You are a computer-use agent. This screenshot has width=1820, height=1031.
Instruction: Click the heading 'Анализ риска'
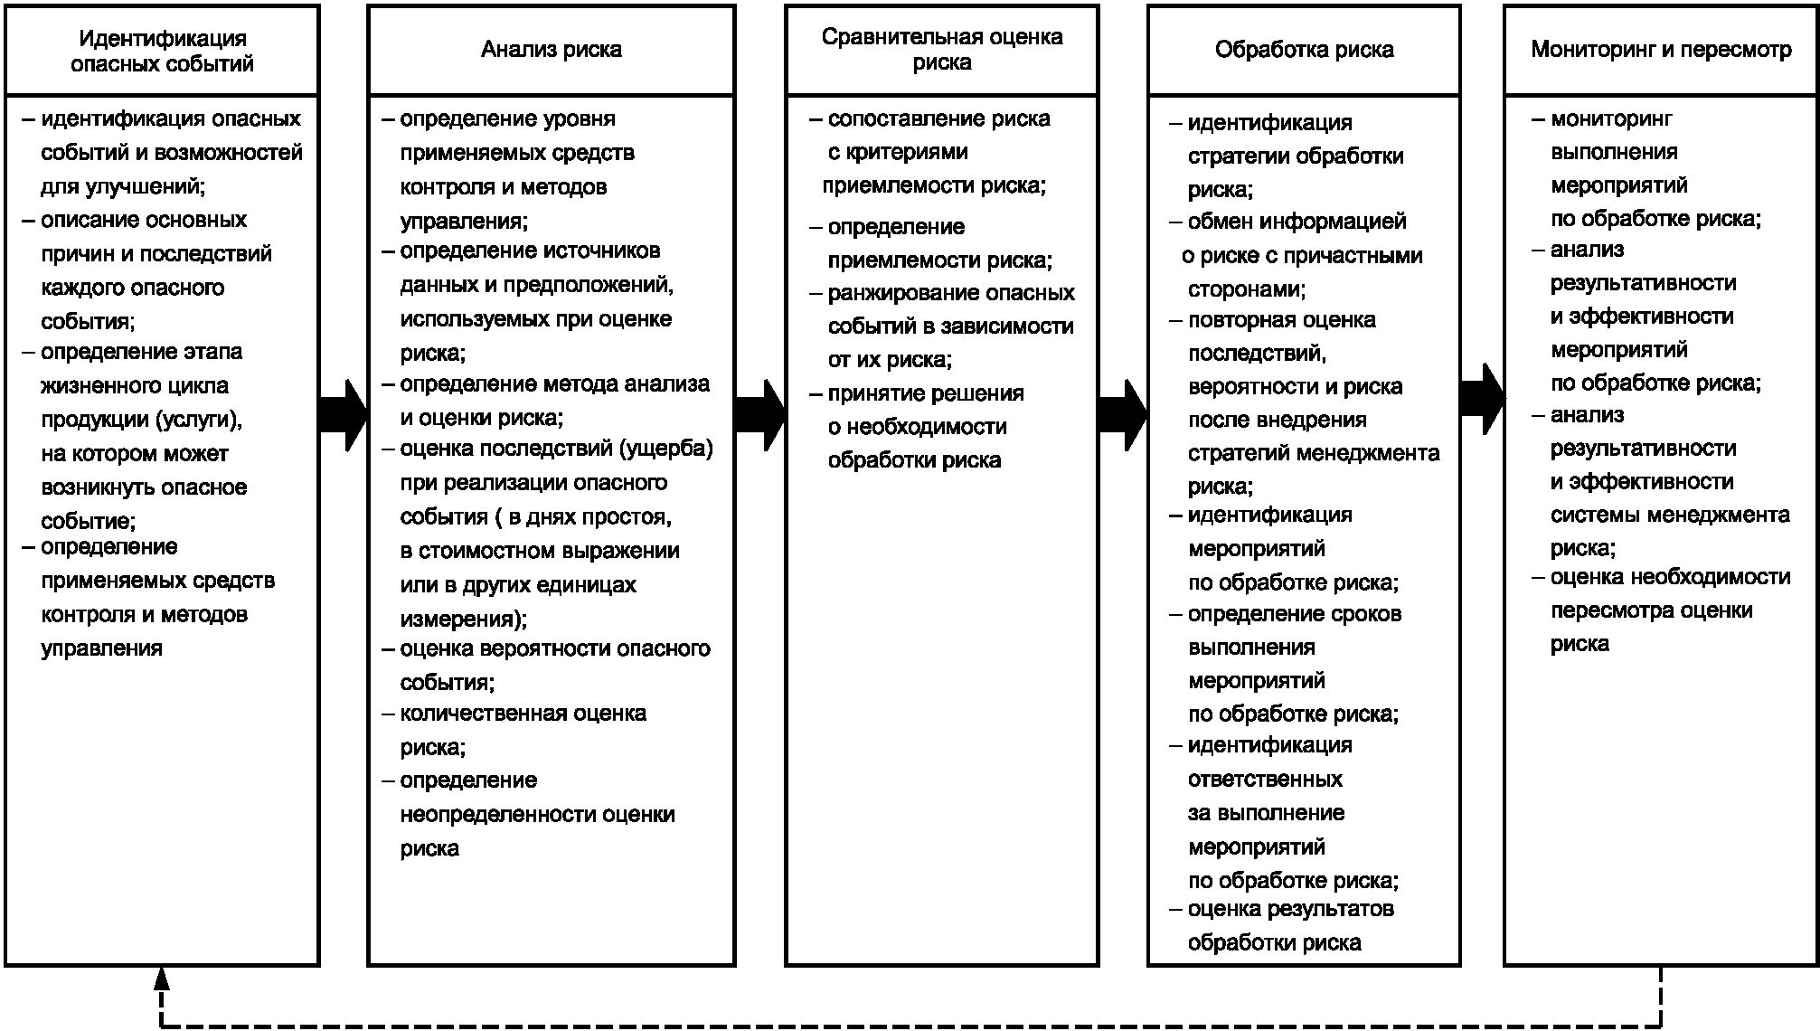pos(551,50)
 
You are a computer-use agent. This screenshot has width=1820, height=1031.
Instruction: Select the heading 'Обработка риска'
pos(1303,50)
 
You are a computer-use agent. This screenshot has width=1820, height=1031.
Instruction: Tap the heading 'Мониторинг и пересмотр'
pos(1660,50)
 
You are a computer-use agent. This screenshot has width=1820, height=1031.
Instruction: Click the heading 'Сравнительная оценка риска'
pos(941,50)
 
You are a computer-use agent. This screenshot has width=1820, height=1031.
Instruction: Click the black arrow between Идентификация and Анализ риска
pos(344,415)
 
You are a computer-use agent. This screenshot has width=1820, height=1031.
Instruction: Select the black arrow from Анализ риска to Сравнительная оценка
pos(759,415)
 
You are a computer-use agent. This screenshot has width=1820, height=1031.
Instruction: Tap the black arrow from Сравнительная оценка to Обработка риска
pos(1123,415)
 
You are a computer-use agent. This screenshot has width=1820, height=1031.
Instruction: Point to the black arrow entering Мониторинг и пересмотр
pos(1482,399)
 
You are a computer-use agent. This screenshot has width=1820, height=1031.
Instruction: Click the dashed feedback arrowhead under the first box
pos(162,978)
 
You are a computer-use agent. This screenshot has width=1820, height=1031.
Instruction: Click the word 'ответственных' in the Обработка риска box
pos(1265,780)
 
